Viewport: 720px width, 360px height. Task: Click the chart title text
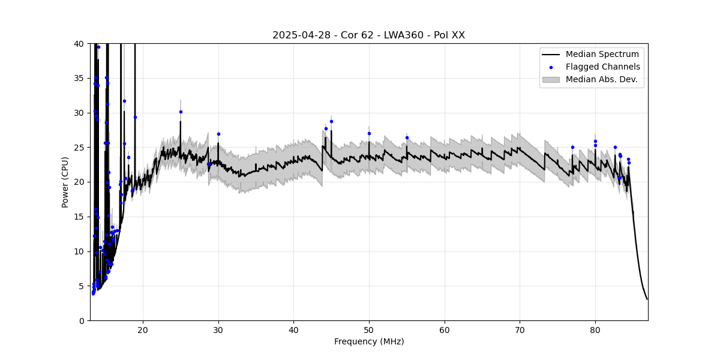point(368,35)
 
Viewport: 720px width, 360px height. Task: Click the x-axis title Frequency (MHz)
point(368,341)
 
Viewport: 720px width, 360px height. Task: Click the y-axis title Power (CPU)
point(65,182)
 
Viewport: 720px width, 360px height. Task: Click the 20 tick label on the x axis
point(143,329)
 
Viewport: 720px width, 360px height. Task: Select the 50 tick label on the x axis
point(369,329)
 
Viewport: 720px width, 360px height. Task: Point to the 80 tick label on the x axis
point(595,329)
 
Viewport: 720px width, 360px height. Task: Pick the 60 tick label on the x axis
point(445,329)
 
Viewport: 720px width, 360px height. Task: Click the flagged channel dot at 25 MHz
point(181,112)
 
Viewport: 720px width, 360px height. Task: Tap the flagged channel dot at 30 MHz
point(218,134)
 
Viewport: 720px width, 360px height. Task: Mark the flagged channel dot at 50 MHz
point(369,133)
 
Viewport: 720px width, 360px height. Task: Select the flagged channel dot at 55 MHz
point(407,137)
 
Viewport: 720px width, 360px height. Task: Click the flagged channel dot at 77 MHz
point(572,147)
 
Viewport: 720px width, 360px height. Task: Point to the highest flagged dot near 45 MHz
point(331,121)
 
